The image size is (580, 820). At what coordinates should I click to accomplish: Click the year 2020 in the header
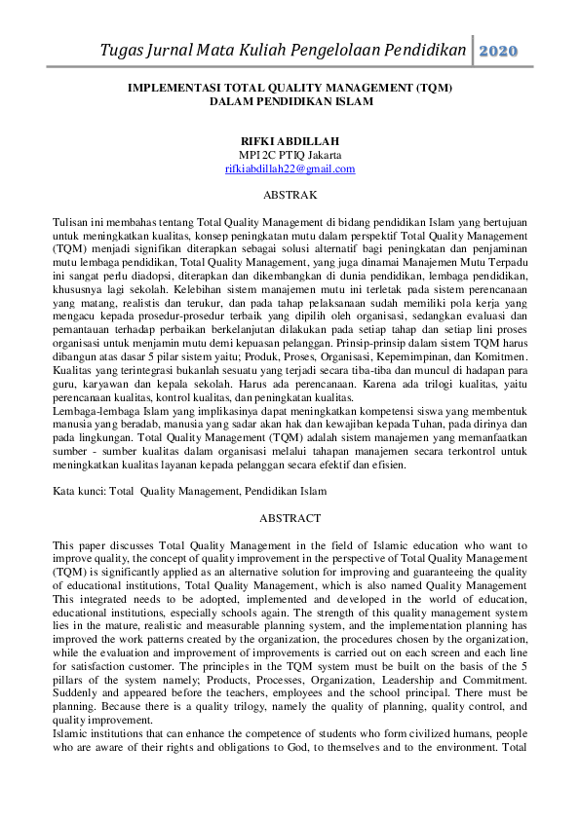point(499,50)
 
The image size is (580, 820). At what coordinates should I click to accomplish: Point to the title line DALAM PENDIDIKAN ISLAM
point(290,100)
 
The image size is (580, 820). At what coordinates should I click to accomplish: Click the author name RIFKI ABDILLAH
point(290,141)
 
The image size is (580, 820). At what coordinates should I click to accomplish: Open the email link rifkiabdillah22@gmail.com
point(290,168)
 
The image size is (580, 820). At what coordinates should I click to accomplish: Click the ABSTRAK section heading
point(290,196)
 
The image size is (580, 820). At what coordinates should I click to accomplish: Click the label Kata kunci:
point(81,492)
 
